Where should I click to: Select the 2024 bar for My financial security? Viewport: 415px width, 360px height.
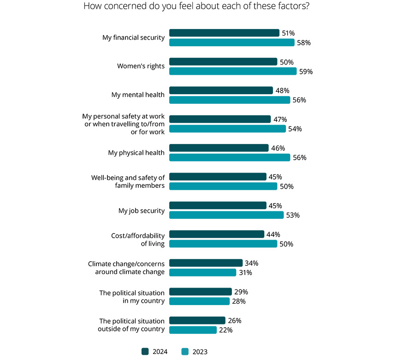[224, 33]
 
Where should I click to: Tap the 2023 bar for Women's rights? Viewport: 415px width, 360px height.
[232, 71]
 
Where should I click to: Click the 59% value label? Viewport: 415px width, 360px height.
[306, 72]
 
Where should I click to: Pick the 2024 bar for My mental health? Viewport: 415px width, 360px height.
[221, 90]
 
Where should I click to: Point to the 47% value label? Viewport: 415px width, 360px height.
[280, 119]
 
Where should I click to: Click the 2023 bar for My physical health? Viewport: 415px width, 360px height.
[230, 157]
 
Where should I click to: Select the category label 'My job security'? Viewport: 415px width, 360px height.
[141, 210]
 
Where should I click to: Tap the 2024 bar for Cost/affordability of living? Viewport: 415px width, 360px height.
[216, 234]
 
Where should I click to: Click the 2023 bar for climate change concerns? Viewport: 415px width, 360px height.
[202, 272]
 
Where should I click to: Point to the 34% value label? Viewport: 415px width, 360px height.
[252, 263]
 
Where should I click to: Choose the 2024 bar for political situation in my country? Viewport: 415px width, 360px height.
[200, 292]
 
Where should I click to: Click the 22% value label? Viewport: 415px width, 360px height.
[226, 330]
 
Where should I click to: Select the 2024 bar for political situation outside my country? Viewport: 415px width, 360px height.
[197, 320]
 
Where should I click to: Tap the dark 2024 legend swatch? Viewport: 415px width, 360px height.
[145, 352]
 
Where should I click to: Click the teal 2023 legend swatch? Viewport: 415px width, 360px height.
[185, 352]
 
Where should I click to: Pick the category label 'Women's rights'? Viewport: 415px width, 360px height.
[141, 66]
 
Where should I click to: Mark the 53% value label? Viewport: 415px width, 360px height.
[293, 215]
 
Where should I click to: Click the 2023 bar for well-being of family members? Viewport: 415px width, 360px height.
[223, 186]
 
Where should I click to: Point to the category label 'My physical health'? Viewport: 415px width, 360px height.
[136, 153]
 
